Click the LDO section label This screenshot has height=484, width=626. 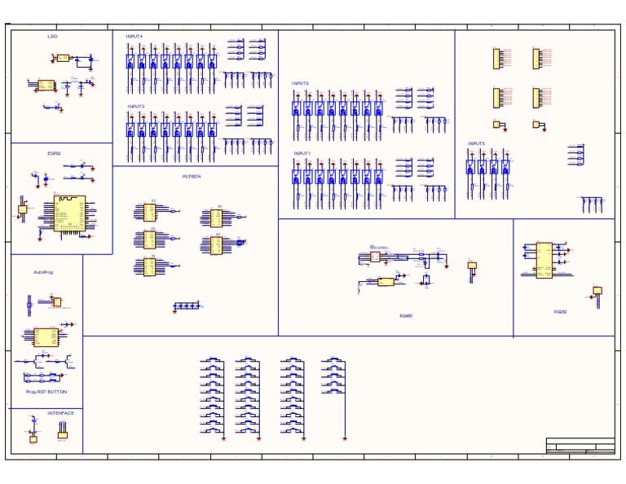tap(52, 37)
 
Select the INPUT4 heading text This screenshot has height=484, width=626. tap(134, 37)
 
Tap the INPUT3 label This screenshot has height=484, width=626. tap(135, 107)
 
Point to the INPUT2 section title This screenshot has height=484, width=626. tap(301, 83)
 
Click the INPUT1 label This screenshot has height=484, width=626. tap(302, 153)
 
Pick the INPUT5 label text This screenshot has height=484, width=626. tap(476, 143)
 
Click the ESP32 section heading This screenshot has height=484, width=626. tap(54, 153)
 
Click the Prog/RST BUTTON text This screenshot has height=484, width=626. tap(46, 392)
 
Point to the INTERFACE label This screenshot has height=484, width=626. tap(60, 413)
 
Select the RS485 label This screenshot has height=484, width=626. tap(406, 316)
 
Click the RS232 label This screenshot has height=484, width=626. tap(561, 311)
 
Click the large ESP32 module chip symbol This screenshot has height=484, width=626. tap(70, 213)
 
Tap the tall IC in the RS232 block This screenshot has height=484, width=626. tap(543, 260)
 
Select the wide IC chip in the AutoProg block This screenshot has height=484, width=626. tap(46, 337)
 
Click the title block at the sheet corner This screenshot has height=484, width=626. tap(580, 445)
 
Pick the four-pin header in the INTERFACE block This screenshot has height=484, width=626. tap(62, 435)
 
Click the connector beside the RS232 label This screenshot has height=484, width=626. tap(597, 291)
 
